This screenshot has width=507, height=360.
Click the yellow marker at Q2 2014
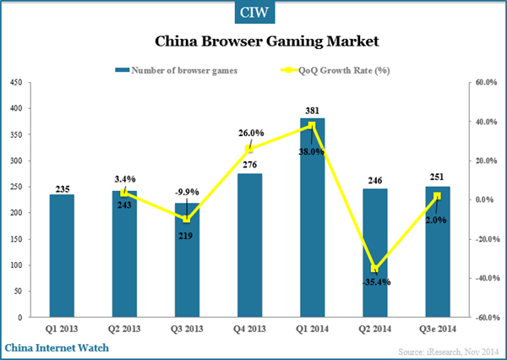374,269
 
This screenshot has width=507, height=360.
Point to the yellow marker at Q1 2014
312,125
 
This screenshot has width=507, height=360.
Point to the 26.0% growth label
251,134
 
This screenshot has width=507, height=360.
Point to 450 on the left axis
15,83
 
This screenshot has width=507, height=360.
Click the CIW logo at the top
253,14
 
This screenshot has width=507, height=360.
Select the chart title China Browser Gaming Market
253,40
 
